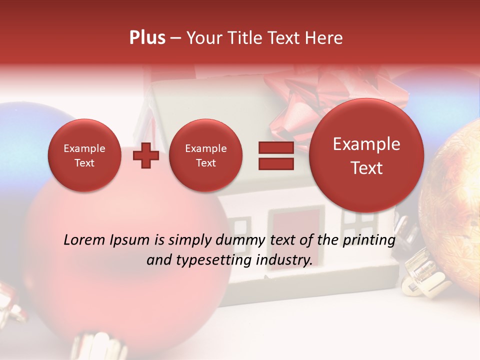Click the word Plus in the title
tap(147, 38)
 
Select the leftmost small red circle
tap(84, 155)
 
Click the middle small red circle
tap(205, 155)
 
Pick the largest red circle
tap(366, 155)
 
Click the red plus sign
tap(145, 155)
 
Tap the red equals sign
tap(275, 155)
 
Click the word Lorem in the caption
tap(83, 240)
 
